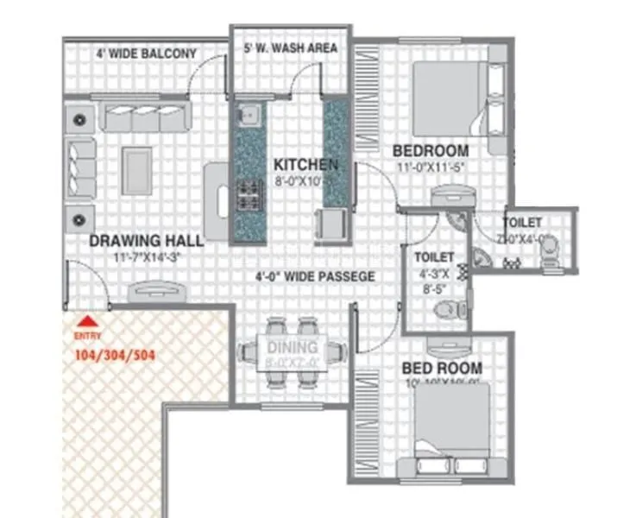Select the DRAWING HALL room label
point(147,240)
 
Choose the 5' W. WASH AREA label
point(292,48)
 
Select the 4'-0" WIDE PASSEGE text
point(314,277)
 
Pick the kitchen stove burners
point(249,197)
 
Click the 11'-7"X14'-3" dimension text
point(148,257)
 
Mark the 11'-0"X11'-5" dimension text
point(431,167)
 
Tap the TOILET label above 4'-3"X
point(434,257)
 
